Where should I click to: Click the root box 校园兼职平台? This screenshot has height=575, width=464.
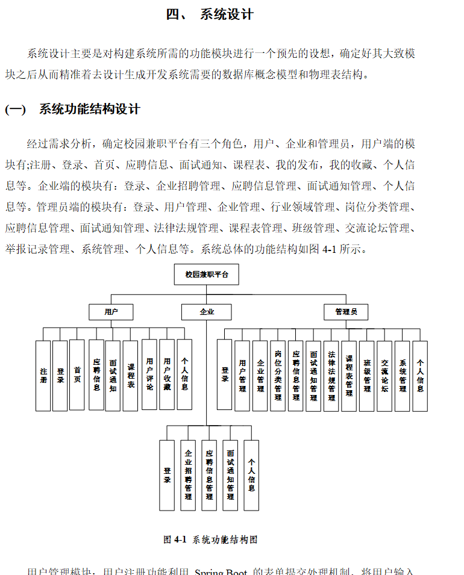tap(206, 275)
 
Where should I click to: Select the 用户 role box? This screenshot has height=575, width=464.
tap(111, 312)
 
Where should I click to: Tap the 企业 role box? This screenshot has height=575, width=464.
tap(206, 312)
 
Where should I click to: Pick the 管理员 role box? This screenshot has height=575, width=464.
tap(346, 312)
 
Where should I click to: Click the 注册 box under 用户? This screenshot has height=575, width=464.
tap(43, 376)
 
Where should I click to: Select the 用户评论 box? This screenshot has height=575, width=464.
tap(149, 375)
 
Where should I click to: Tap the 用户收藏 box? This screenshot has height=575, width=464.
tap(167, 375)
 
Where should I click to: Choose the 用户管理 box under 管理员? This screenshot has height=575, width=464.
tap(242, 376)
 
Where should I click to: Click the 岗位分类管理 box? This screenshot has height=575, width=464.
tap(278, 376)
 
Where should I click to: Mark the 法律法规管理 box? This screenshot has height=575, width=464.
tap(331, 376)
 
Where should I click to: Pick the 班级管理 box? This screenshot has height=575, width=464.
tap(367, 376)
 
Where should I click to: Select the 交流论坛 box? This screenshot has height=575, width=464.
tap(384, 376)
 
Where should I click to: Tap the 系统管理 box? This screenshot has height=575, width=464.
tap(403, 376)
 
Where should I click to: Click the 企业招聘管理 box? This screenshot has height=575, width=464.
tap(188, 475)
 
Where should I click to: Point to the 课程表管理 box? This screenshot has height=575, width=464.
tap(349, 376)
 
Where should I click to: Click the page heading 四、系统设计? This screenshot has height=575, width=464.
tap(209, 14)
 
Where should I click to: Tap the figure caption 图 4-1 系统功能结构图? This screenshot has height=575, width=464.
tap(210, 539)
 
